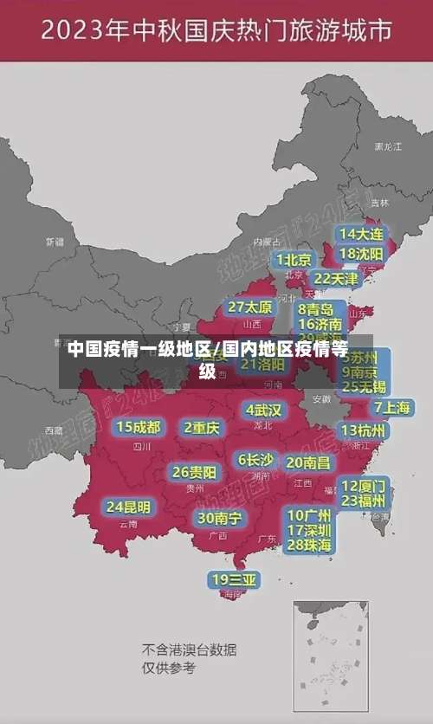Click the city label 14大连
(x=362, y=234)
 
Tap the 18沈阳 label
(x=362, y=254)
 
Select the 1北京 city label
(x=294, y=259)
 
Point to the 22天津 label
(x=335, y=279)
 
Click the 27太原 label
(x=250, y=307)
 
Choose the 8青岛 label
(x=316, y=309)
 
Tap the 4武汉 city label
(x=263, y=410)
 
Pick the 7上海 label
(x=392, y=407)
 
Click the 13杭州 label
(x=364, y=430)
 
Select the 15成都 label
(x=139, y=427)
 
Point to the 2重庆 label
(x=202, y=427)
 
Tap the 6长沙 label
(x=255, y=460)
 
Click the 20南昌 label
(x=308, y=462)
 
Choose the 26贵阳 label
(x=195, y=473)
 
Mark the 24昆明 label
(x=128, y=507)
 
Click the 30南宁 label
(x=219, y=518)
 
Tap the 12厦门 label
(x=364, y=486)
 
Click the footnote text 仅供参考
(x=169, y=668)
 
